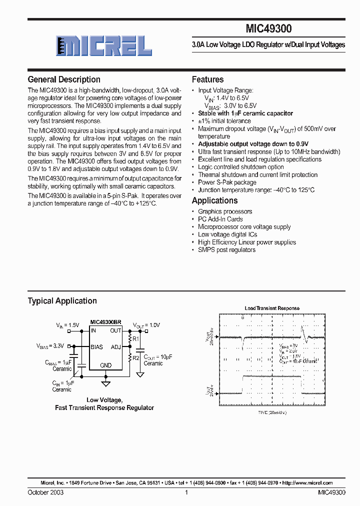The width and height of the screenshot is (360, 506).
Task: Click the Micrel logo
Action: (x=103, y=46)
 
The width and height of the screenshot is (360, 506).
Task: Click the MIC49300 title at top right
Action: (x=269, y=29)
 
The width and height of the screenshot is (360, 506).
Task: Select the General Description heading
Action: (x=64, y=79)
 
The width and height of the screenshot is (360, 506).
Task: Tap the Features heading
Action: (x=207, y=79)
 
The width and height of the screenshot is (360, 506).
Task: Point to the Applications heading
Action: (x=214, y=200)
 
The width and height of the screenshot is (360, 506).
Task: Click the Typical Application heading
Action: (x=62, y=301)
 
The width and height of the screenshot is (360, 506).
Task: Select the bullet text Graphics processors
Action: (x=225, y=211)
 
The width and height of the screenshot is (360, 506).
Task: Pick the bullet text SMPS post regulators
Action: (x=226, y=249)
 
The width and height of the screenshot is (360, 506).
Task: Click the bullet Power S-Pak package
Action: (x=227, y=182)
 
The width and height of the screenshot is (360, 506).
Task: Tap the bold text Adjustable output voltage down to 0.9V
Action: (x=253, y=144)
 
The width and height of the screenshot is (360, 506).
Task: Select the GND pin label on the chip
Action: (x=105, y=365)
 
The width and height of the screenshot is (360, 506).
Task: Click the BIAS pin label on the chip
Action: (x=96, y=346)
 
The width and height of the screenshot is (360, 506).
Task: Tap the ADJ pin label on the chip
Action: (x=115, y=346)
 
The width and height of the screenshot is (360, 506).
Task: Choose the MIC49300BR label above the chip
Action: (x=105, y=322)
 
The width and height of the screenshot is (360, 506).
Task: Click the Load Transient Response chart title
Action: (x=271, y=308)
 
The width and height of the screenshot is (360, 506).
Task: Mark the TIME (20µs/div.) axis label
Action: (x=272, y=412)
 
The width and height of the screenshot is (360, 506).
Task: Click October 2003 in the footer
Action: (x=45, y=492)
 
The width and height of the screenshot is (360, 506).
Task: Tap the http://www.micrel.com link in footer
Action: (x=307, y=483)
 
